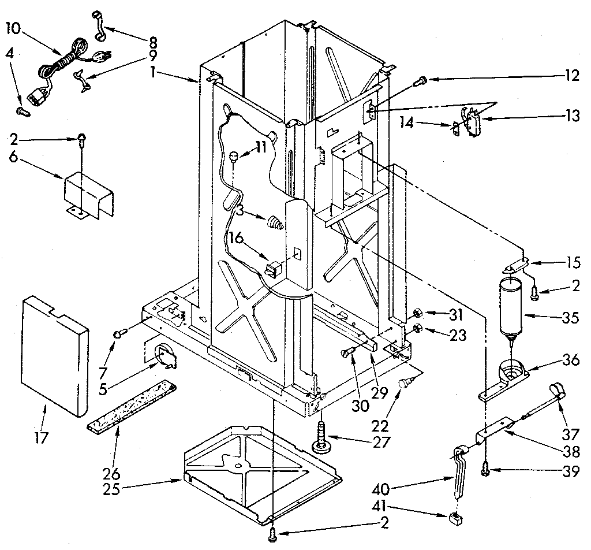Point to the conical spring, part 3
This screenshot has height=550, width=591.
[x=274, y=222]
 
